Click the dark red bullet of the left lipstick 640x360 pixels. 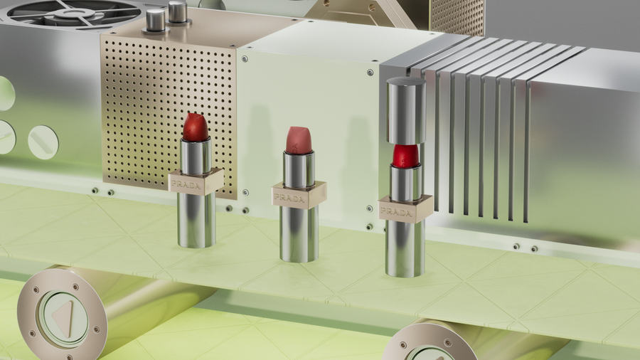[x=196, y=127]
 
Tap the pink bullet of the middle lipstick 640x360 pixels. [x=299, y=140]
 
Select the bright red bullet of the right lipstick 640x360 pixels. [x=405, y=156]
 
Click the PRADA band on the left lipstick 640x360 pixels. [x=196, y=181]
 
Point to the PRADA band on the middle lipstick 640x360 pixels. [x=299, y=195]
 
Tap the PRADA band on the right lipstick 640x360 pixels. [x=405, y=209]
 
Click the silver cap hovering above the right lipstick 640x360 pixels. [x=406, y=110]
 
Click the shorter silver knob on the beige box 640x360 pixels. [x=156, y=21]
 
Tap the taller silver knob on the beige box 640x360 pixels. [x=178, y=12]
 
